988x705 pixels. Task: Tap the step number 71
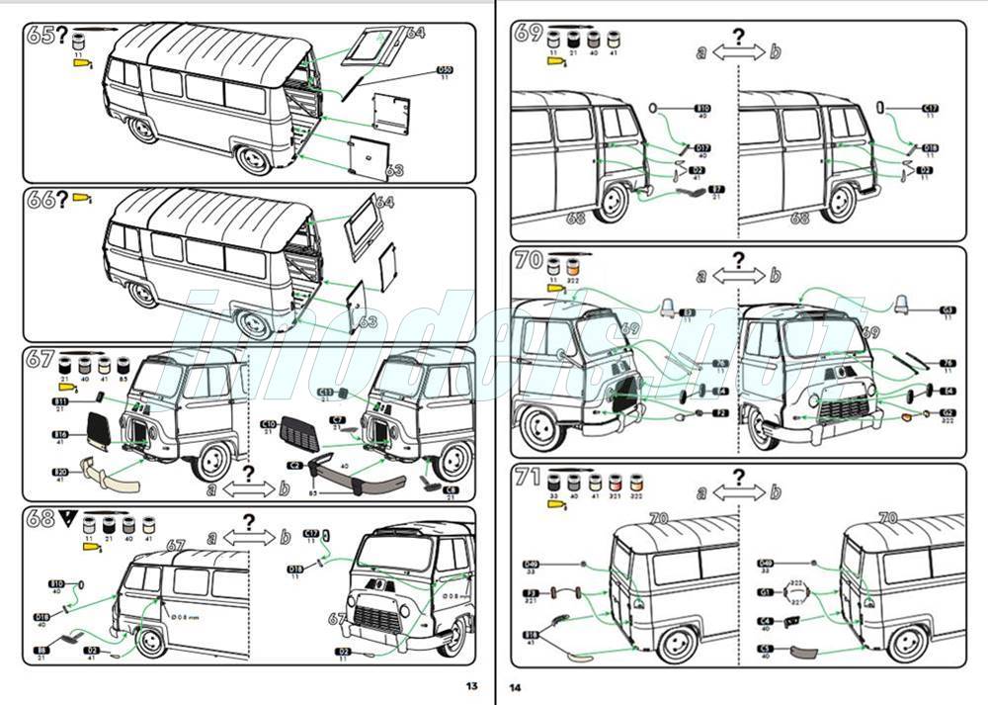pos(529,478)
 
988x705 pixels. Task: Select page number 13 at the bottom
pos(471,686)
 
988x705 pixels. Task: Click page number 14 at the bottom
pos(516,686)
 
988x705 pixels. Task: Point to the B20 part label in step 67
pos(61,474)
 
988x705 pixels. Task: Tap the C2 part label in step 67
pos(294,464)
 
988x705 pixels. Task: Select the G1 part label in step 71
pos(766,592)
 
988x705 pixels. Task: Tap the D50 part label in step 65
pos(445,71)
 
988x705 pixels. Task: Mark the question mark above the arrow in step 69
pos(737,38)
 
